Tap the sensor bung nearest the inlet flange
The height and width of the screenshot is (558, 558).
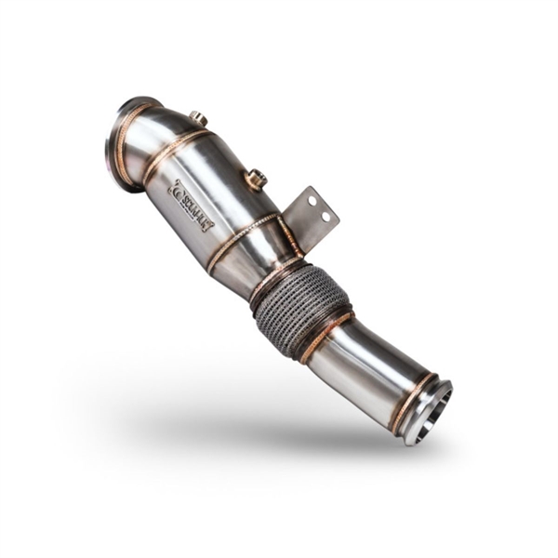pyautogui.click(x=197, y=119)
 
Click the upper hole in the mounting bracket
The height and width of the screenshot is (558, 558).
pyautogui.click(x=313, y=200)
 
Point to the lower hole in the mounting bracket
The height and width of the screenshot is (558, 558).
pyautogui.click(x=325, y=216)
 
